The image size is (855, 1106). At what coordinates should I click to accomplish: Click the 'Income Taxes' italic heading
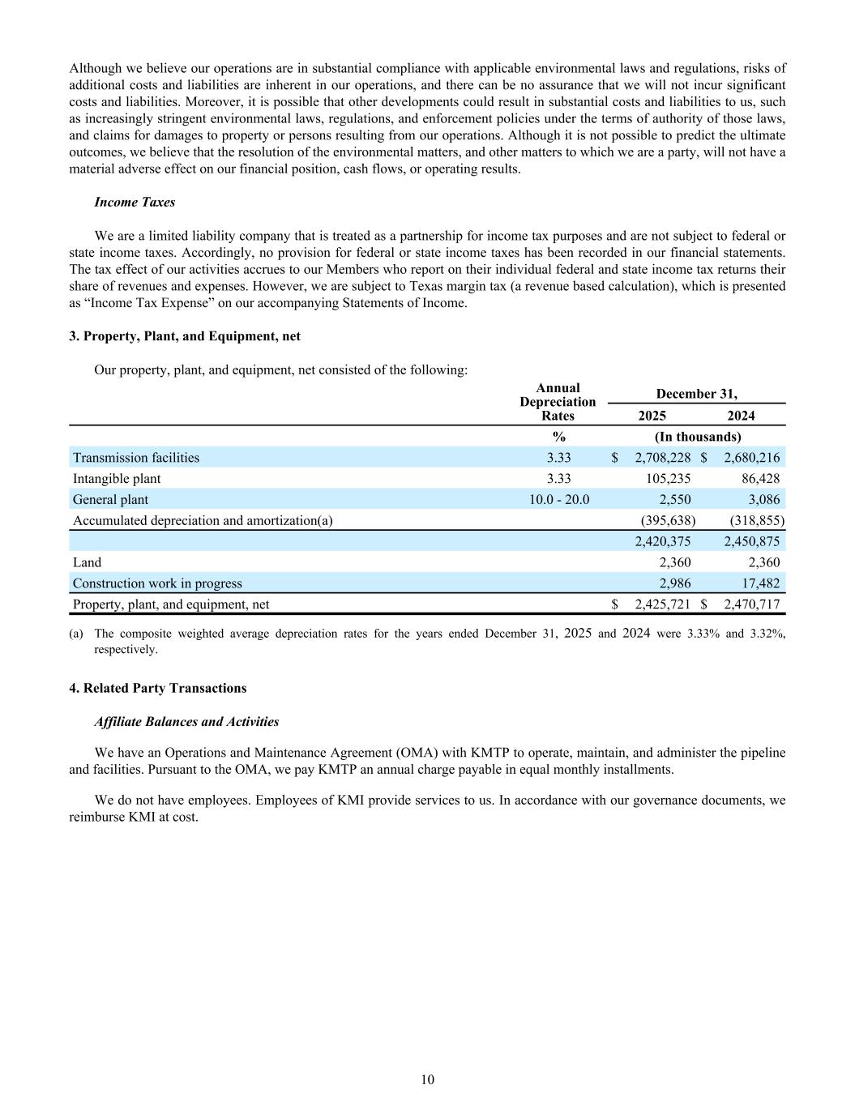click(x=135, y=202)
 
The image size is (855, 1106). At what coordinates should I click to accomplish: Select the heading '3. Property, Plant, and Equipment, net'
click(x=185, y=335)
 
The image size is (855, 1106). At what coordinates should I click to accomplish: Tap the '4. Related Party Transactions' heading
click(x=158, y=688)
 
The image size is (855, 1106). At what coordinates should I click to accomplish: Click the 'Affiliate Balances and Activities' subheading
click(x=186, y=721)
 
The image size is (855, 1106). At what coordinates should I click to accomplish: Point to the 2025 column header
click(x=652, y=416)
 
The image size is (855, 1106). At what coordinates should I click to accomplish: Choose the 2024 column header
click(x=741, y=416)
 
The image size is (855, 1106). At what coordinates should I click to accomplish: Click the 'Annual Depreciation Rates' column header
click(x=558, y=402)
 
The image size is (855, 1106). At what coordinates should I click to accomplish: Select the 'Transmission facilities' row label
click(x=136, y=458)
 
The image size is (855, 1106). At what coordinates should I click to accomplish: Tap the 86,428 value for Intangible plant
click(x=760, y=479)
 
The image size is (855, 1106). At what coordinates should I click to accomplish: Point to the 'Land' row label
click(x=88, y=562)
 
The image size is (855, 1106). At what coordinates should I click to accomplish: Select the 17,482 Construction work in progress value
click(x=760, y=583)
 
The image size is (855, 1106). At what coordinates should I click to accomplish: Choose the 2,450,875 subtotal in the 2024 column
click(x=751, y=541)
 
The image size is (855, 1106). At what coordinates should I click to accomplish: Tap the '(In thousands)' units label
click(x=697, y=437)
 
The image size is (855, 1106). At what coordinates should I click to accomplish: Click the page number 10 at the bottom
click(x=428, y=1079)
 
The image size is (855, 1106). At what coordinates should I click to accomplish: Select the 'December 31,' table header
click(x=696, y=394)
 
